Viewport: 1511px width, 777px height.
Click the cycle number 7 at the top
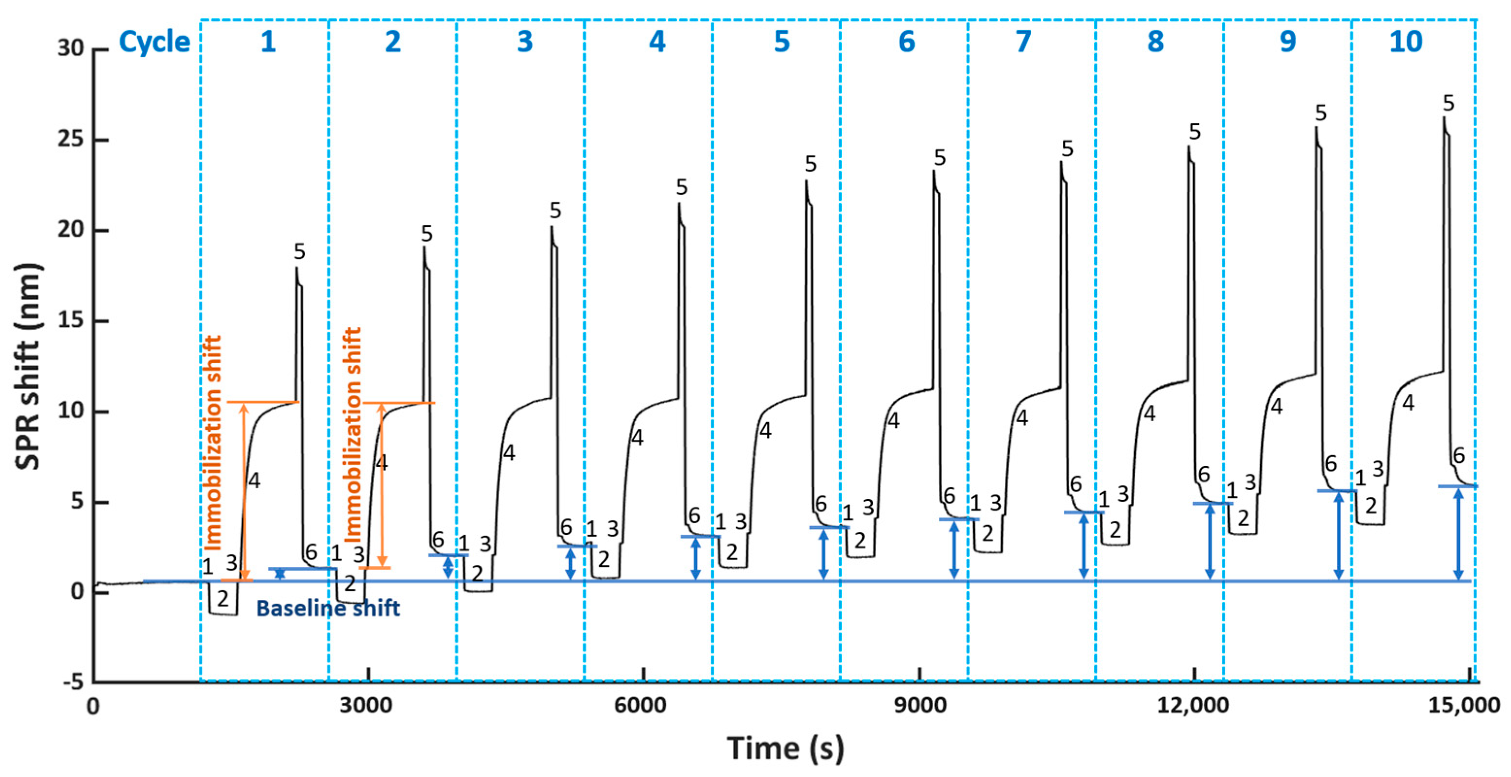coord(1023,42)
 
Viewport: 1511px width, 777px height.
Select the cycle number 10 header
coord(1406,42)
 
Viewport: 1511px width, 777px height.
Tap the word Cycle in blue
coord(154,42)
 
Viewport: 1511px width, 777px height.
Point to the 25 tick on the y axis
coord(70,140)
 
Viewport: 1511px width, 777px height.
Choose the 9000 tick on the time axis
coord(919,705)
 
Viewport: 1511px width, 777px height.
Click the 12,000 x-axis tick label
coord(1193,705)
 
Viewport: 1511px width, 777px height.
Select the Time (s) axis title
coord(786,748)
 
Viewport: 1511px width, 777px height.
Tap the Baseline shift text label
coord(328,608)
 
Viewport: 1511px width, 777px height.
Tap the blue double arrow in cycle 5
coord(823,553)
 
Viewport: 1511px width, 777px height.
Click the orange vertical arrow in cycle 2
coord(382,484)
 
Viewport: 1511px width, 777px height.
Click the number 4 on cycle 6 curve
coord(893,420)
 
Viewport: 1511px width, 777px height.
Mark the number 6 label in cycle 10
coord(1459,455)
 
